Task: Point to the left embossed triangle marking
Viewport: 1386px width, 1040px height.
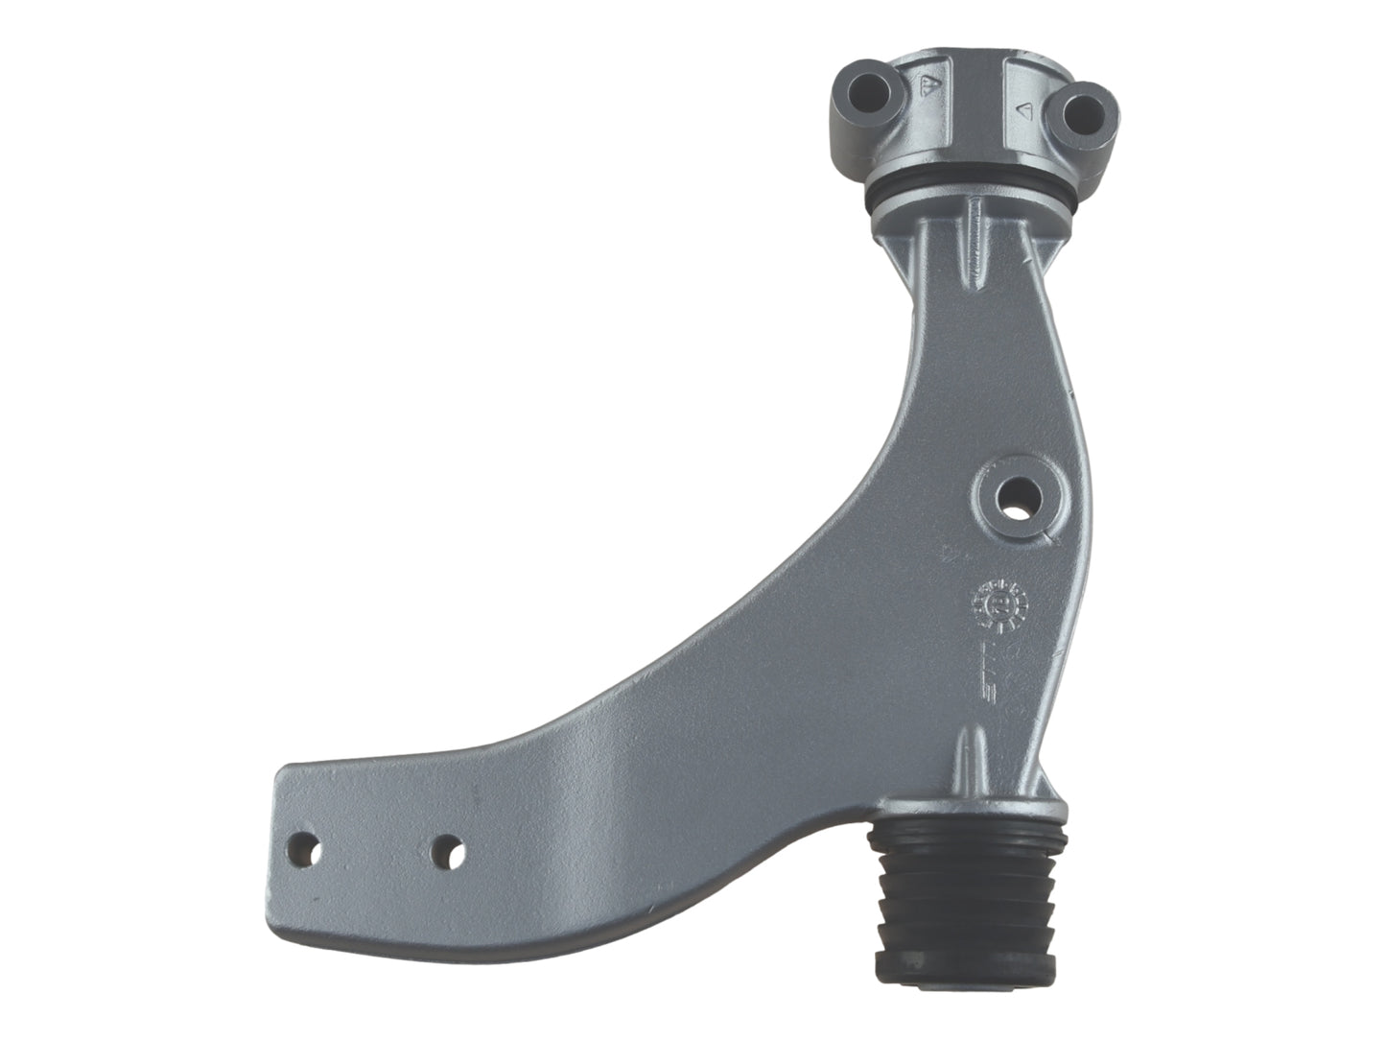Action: pos(928,87)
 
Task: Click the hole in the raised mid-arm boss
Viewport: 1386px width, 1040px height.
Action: pos(1016,496)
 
